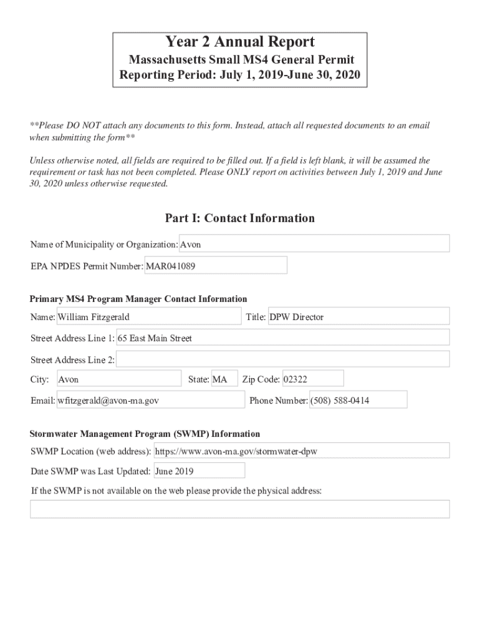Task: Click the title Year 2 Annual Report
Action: pos(239,42)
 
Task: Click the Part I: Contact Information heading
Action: pos(239,218)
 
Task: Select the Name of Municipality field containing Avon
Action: pos(314,244)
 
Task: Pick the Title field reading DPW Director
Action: pos(358,317)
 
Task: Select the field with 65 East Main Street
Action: pos(283,338)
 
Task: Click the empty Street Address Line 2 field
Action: pos(283,359)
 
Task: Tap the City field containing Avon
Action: pos(118,379)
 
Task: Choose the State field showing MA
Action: pos(224,379)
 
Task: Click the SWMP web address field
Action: pos(301,451)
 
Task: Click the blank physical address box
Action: pos(239,509)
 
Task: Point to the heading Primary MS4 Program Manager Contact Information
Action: pos(138,299)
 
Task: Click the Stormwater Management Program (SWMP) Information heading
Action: pos(145,434)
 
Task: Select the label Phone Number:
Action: pos(278,401)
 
